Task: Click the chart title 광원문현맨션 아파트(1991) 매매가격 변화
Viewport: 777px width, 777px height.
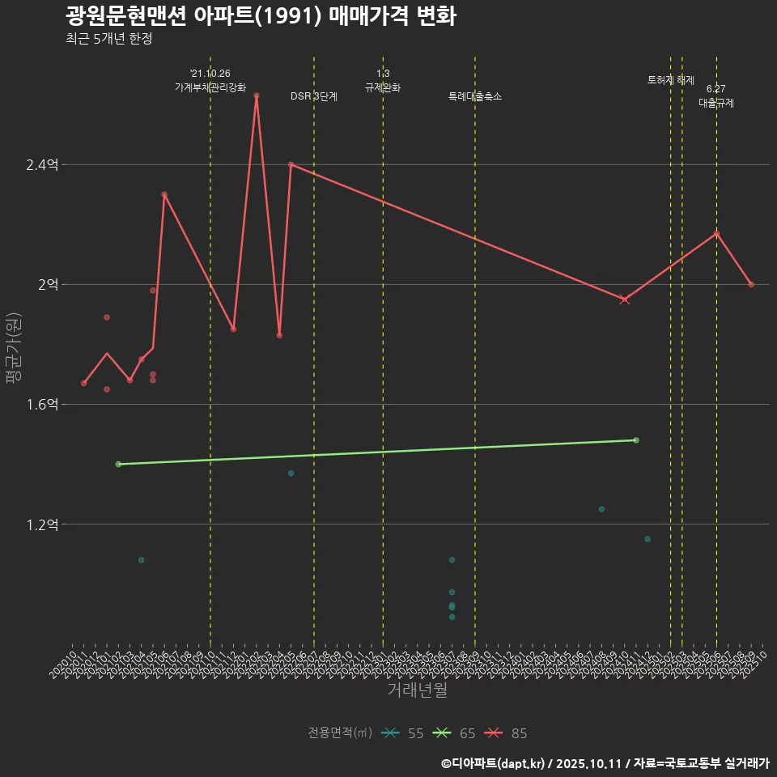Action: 260,16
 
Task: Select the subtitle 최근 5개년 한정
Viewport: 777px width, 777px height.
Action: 108,39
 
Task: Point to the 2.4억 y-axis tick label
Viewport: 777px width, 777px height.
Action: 42,165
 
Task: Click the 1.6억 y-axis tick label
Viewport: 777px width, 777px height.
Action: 42,405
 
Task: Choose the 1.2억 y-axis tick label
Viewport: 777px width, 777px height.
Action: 42,524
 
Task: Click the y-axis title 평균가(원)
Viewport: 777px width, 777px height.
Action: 14,348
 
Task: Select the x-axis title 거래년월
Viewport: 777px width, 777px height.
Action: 417,690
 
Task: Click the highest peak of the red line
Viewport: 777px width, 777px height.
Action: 257,96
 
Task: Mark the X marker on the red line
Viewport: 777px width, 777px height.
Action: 624,299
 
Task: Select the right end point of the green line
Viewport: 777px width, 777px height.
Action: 636,440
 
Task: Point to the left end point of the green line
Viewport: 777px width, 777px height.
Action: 118,465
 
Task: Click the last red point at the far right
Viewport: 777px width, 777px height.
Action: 751,284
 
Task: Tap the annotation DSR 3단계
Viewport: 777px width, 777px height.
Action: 314,96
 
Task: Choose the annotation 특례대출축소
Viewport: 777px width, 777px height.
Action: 475,96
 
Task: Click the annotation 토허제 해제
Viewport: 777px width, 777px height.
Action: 671,80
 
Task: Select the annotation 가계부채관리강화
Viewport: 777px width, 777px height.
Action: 210,87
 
